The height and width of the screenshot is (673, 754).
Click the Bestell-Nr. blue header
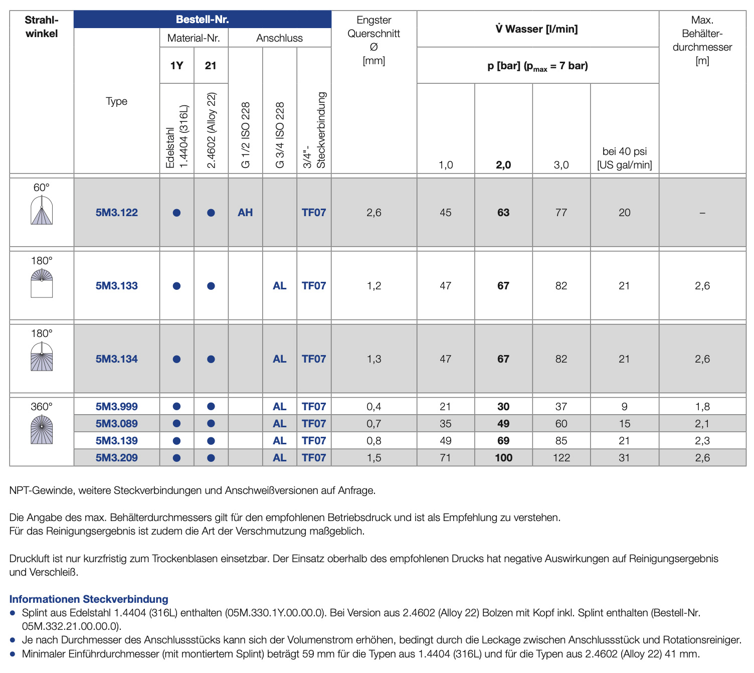(x=202, y=20)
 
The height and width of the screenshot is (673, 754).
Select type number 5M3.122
(x=116, y=213)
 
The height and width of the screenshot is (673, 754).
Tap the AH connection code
(x=245, y=213)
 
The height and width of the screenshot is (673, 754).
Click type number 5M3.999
(x=116, y=407)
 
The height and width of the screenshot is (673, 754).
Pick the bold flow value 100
(x=503, y=458)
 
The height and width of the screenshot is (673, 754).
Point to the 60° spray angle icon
(x=42, y=210)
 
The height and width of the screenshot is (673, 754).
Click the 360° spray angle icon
(x=42, y=430)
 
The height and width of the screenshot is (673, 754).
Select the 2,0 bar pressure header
(x=503, y=165)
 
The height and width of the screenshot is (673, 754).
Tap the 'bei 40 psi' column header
(x=624, y=158)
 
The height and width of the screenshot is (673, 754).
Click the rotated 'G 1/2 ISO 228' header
(x=246, y=135)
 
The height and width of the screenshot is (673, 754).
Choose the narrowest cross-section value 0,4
(x=373, y=407)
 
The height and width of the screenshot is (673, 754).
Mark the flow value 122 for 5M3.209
(x=561, y=458)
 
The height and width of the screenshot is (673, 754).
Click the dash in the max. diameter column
(x=702, y=213)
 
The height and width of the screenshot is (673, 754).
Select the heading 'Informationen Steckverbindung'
(x=89, y=599)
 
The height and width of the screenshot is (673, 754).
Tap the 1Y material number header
(x=176, y=66)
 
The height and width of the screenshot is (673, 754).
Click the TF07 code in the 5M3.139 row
(x=314, y=441)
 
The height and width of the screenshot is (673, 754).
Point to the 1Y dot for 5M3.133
(x=176, y=286)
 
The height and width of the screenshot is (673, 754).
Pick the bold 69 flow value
(x=503, y=441)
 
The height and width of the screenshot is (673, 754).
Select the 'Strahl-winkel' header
(x=42, y=27)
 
